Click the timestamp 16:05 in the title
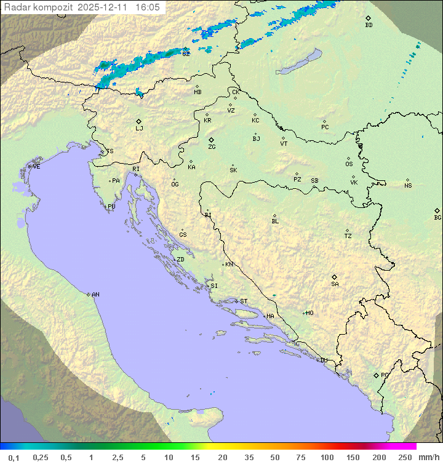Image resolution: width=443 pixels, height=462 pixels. point(148,7)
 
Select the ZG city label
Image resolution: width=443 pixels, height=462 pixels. point(212,147)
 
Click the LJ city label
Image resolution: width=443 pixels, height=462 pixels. point(139,128)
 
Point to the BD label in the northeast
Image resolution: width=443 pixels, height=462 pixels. point(369,25)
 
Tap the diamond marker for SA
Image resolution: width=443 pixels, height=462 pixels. point(335,277)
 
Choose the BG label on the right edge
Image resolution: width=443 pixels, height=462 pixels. point(437,217)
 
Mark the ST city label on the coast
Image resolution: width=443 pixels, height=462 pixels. point(244,301)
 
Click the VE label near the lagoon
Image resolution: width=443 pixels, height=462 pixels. point(36,167)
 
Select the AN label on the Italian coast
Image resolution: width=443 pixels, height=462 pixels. point(95,295)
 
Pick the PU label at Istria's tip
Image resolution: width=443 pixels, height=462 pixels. point(111,207)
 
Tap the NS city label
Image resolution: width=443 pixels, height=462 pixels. point(408,186)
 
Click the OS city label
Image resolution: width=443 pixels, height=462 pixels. point(349,164)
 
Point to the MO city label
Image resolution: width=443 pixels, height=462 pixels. point(309,313)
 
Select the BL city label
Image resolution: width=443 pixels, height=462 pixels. point(275,221)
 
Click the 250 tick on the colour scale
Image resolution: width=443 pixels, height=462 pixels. point(405,457)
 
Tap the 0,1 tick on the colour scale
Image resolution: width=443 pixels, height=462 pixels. point(14,457)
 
